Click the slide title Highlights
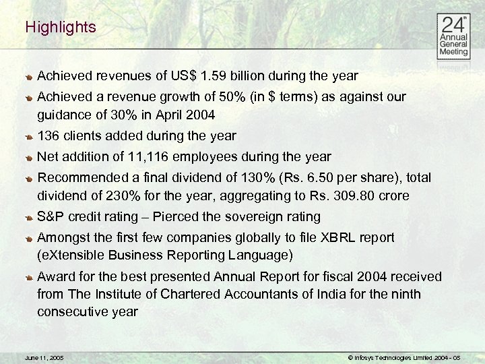pos(61,28)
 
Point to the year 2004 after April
pos(199,115)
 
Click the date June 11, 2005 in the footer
pos(43,356)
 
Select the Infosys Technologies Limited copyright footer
pos(404,356)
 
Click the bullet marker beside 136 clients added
pos(30,137)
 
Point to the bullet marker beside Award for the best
pos(30,278)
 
